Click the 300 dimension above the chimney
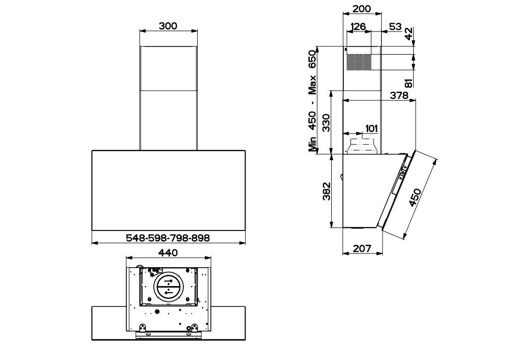168,26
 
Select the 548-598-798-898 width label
168,238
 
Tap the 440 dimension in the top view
168,252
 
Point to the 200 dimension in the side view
362,9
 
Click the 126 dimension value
358,27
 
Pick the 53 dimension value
395,27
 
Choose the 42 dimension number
409,34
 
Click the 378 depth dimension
399,95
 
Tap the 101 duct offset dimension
371,128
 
